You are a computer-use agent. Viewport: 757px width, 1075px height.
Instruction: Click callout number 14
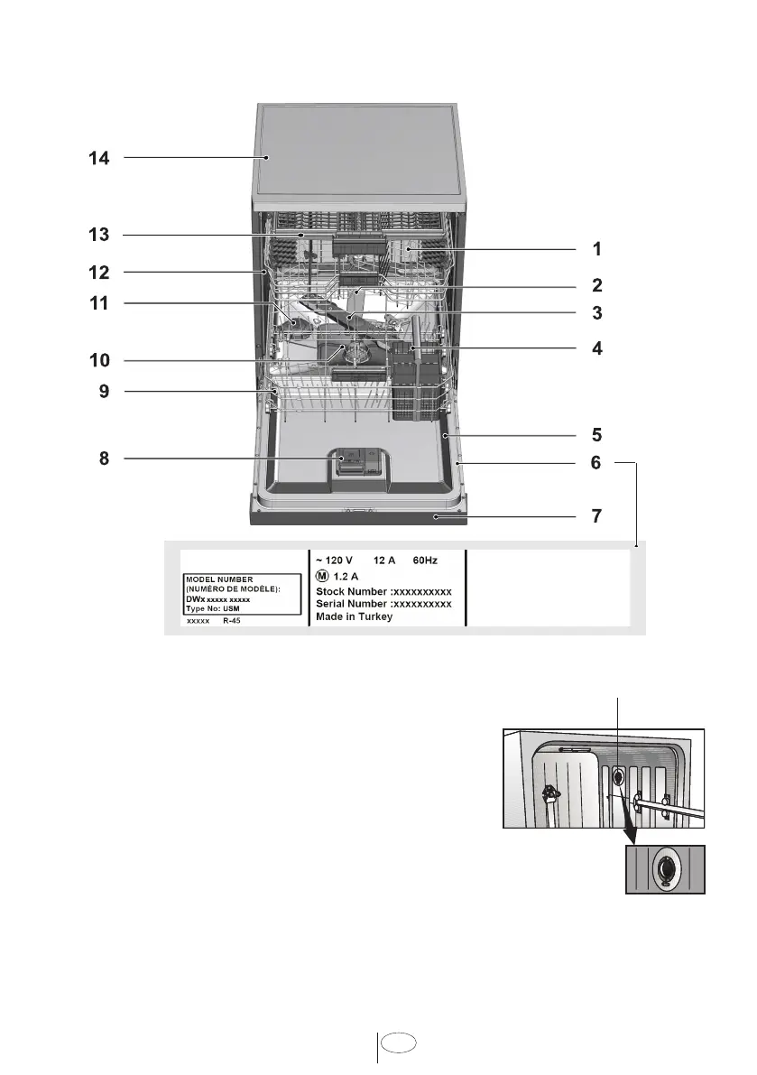tap(98, 158)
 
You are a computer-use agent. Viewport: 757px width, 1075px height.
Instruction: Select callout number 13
tap(98, 235)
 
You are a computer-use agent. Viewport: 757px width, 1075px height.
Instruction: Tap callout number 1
tap(596, 249)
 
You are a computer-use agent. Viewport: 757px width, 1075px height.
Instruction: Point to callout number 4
tap(596, 348)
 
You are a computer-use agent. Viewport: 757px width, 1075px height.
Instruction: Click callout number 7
tap(596, 515)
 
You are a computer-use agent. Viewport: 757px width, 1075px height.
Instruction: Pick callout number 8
tap(104, 458)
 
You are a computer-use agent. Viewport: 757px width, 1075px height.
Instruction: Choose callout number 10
tap(99, 360)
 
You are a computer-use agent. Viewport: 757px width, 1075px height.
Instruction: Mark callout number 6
tap(596, 463)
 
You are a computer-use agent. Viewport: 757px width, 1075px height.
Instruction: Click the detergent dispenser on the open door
tap(356, 463)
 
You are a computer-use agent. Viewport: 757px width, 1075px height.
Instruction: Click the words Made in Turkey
tap(355, 616)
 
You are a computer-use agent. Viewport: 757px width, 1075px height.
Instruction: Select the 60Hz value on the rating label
tap(425, 561)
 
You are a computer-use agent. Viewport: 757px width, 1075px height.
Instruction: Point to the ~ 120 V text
tap(334, 561)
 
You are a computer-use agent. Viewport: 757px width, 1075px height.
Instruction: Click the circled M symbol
tap(322, 576)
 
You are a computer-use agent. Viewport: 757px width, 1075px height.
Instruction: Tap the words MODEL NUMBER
tap(219, 579)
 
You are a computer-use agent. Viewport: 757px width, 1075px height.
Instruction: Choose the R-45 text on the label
tap(232, 620)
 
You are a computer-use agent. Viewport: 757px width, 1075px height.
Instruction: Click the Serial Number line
tap(383, 604)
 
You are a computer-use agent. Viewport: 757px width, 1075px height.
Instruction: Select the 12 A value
tap(384, 561)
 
